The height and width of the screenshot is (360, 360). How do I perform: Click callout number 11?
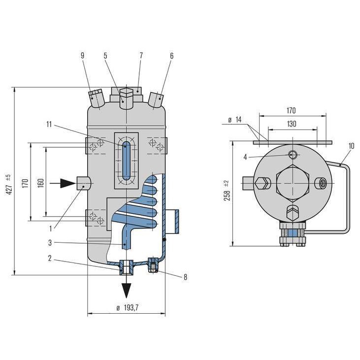(x=49, y=125)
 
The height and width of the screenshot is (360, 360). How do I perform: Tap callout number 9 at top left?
(x=82, y=56)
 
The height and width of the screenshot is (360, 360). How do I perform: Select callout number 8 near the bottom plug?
(x=185, y=277)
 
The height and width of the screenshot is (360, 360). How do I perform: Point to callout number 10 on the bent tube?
(x=351, y=146)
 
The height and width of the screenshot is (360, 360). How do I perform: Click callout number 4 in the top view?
(x=245, y=157)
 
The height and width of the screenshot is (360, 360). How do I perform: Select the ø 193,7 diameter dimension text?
(x=127, y=307)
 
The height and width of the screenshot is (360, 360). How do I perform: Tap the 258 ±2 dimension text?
(x=227, y=191)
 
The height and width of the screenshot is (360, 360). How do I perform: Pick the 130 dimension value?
(x=292, y=124)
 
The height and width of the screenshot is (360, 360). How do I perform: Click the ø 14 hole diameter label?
(x=235, y=120)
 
